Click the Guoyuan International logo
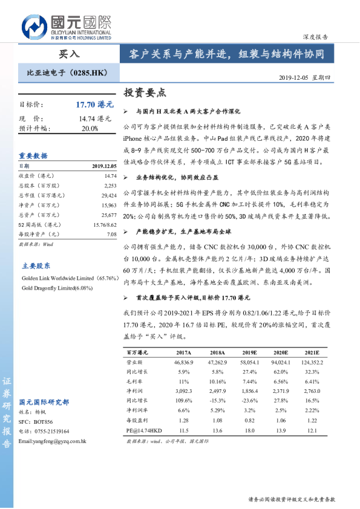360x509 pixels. pyautogui.click(x=67, y=27)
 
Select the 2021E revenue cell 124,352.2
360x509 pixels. pyautogui.click(x=312, y=361)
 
